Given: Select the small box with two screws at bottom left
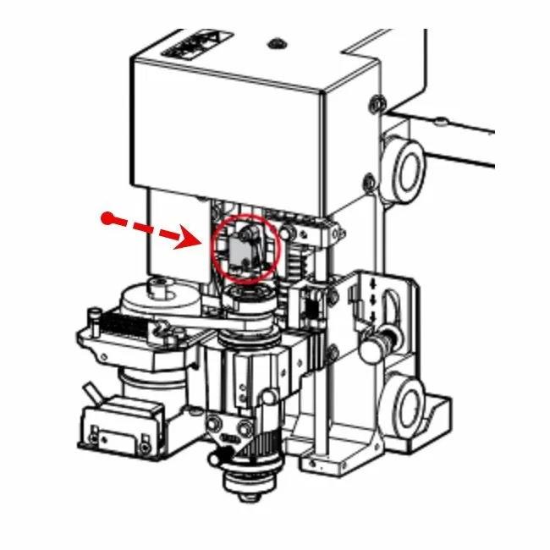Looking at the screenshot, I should [118, 427].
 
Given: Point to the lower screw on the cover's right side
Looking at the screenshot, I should [368, 180].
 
